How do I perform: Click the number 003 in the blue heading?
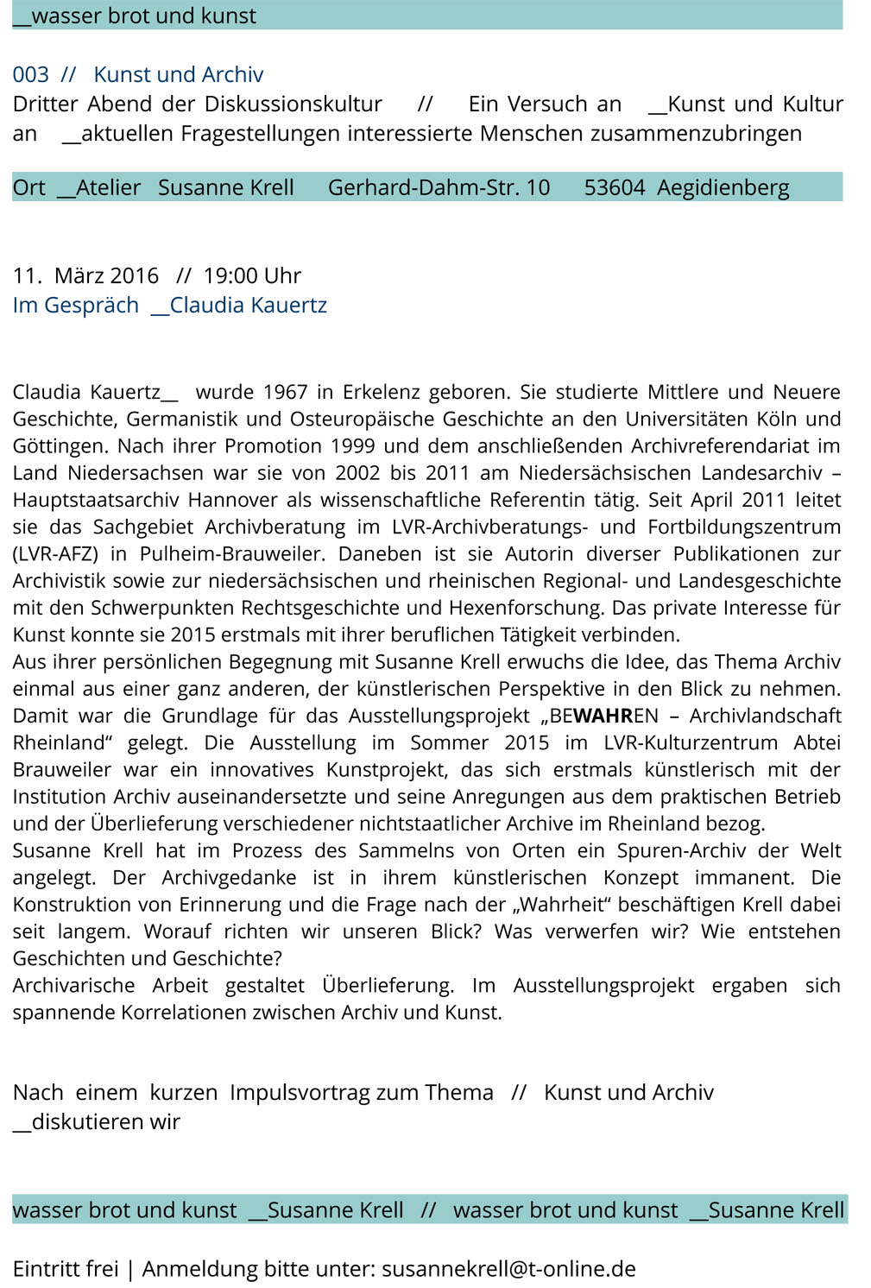click(x=30, y=75)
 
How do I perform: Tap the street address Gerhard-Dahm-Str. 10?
click(x=439, y=187)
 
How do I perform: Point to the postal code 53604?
click(x=614, y=187)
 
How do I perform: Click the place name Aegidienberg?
click(x=723, y=187)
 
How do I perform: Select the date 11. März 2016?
click(x=85, y=275)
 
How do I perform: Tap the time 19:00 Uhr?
click(x=252, y=275)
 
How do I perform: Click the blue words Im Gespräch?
click(x=75, y=306)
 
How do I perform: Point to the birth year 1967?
click(x=285, y=392)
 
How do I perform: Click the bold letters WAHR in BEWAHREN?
click(x=603, y=716)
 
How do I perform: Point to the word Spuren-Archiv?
click(x=681, y=850)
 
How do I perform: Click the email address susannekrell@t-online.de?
click(x=508, y=1269)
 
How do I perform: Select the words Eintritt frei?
click(x=66, y=1269)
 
